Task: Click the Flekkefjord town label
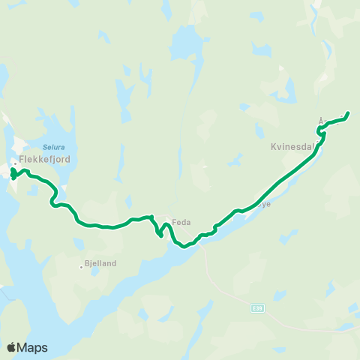pyautogui.click(x=38, y=159)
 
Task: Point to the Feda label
pyautogui.click(x=183, y=222)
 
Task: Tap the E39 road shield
pyautogui.click(x=257, y=307)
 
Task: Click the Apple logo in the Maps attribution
pyautogui.click(x=11, y=347)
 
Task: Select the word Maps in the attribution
pyautogui.click(x=33, y=347)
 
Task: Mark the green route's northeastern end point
pyautogui.click(x=348, y=114)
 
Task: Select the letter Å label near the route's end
pyautogui.click(x=321, y=119)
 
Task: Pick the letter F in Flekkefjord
pyautogui.click(x=22, y=159)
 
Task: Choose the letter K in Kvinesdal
pyautogui.click(x=274, y=148)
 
